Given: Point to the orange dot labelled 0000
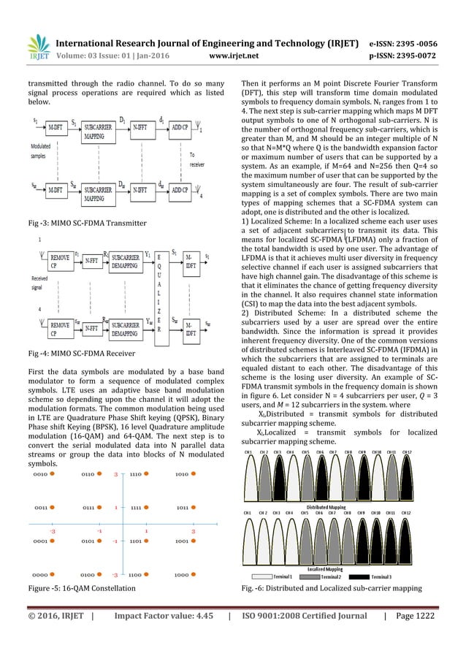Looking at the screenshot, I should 53,575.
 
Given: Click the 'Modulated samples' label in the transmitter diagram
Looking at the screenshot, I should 39,151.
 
